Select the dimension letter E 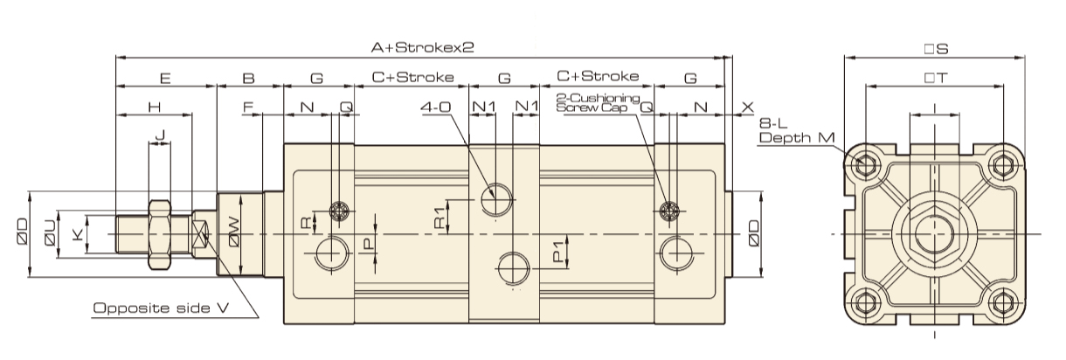point(165,78)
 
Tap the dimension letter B point(248,78)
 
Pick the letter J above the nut point(159,135)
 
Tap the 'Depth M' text point(798,138)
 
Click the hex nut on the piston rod point(159,234)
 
